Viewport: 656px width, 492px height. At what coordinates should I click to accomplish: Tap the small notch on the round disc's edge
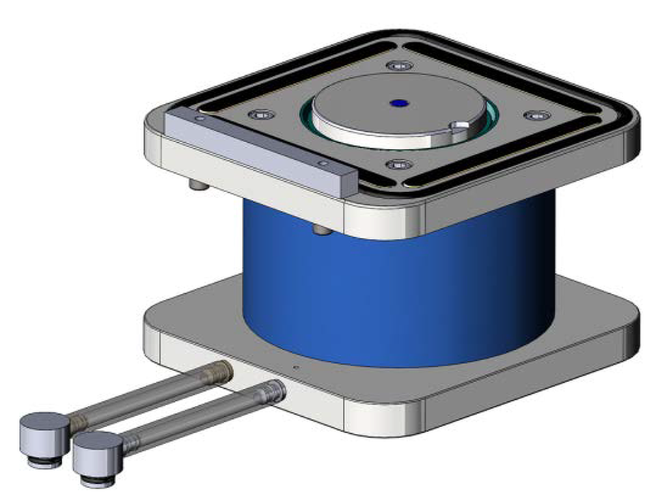(461, 126)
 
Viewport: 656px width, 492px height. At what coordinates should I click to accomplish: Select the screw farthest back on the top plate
(398, 66)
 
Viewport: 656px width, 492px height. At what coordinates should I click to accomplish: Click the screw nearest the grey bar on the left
(262, 114)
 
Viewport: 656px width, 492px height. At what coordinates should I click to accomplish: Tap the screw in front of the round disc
(398, 165)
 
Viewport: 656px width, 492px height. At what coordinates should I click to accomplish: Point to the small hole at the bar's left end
(198, 119)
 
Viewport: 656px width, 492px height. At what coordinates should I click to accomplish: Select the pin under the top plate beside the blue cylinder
(321, 231)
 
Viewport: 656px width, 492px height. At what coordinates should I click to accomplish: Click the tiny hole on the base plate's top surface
(295, 367)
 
